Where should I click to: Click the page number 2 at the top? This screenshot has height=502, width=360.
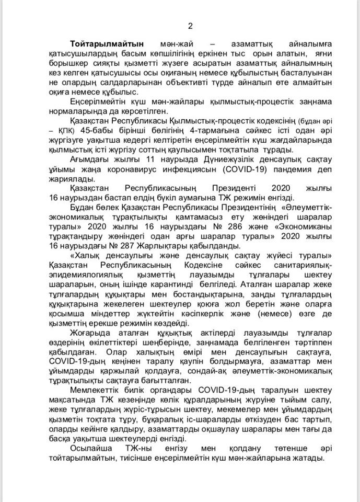click(190, 27)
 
